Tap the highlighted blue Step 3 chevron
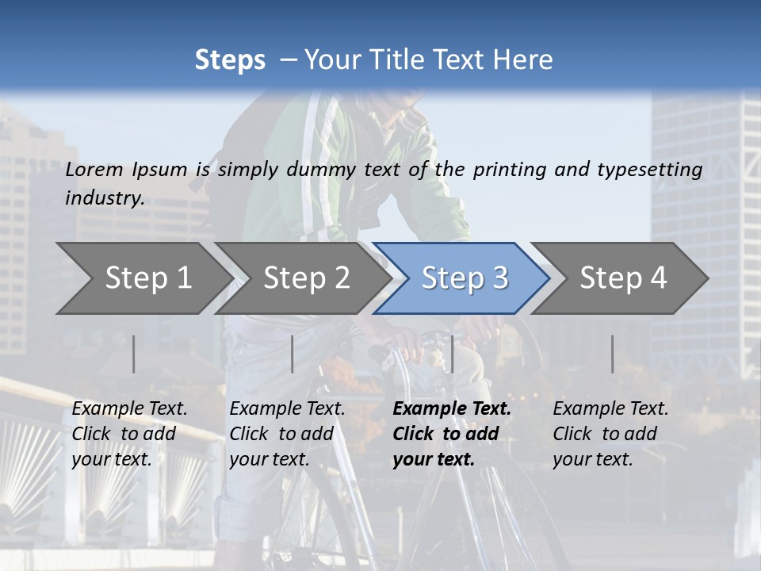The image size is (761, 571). [465, 278]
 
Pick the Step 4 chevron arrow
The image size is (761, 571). [623, 278]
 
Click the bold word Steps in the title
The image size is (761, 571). [230, 59]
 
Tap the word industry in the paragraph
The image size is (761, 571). [105, 197]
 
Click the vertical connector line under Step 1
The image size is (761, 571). [133, 354]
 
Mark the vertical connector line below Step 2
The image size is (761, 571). [293, 354]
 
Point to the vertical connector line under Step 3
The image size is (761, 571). [452, 354]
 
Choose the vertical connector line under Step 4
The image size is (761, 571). [612, 354]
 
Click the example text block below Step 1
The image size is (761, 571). [129, 434]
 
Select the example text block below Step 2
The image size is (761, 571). [287, 434]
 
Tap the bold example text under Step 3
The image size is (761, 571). [452, 434]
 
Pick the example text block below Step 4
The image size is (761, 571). [610, 434]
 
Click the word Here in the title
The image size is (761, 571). [526, 59]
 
